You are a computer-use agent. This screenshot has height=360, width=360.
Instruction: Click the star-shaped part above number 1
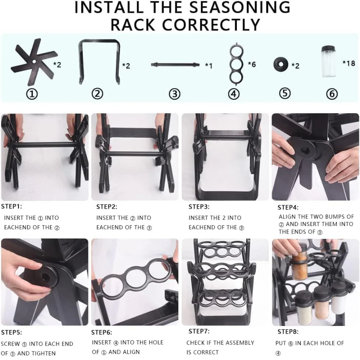click(x=34, y=62)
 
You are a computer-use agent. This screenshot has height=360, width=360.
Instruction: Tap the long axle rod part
click(x=175, y=64)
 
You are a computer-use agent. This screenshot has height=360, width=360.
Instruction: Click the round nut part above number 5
click(x=280, y=64)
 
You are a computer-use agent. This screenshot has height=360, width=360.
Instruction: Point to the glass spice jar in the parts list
click(x=329, y=61)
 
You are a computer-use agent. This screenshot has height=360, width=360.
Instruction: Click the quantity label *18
click(x=348, y=63)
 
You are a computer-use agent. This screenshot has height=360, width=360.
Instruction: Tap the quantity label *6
click(x=252, y=64)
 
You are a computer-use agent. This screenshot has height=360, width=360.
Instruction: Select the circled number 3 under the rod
click(x=174, y=94)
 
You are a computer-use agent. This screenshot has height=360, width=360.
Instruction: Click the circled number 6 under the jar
click(x=332, y=94)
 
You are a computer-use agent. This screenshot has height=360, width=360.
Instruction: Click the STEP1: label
click(x=12, y=206)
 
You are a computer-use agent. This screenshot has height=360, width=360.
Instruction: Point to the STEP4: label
click(x=288, y=208)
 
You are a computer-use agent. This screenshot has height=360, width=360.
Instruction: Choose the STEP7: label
click(x=199, y=331)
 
